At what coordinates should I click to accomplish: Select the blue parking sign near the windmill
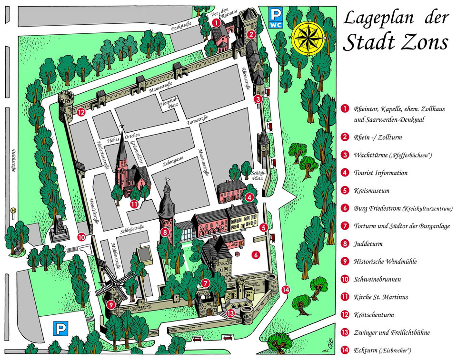(x=60, y=328)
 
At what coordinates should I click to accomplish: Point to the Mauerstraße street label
(x=159, y=89)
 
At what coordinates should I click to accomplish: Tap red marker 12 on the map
(x=81, y=113)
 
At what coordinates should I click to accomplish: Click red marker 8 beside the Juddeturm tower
(x=165, y=232)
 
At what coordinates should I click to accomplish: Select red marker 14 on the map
(x=285, y=290)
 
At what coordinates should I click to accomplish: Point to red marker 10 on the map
(x=81, y=236)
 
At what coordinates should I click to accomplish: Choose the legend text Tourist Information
(x=380, y=173)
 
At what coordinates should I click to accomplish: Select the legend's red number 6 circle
(x=344, y=208)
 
